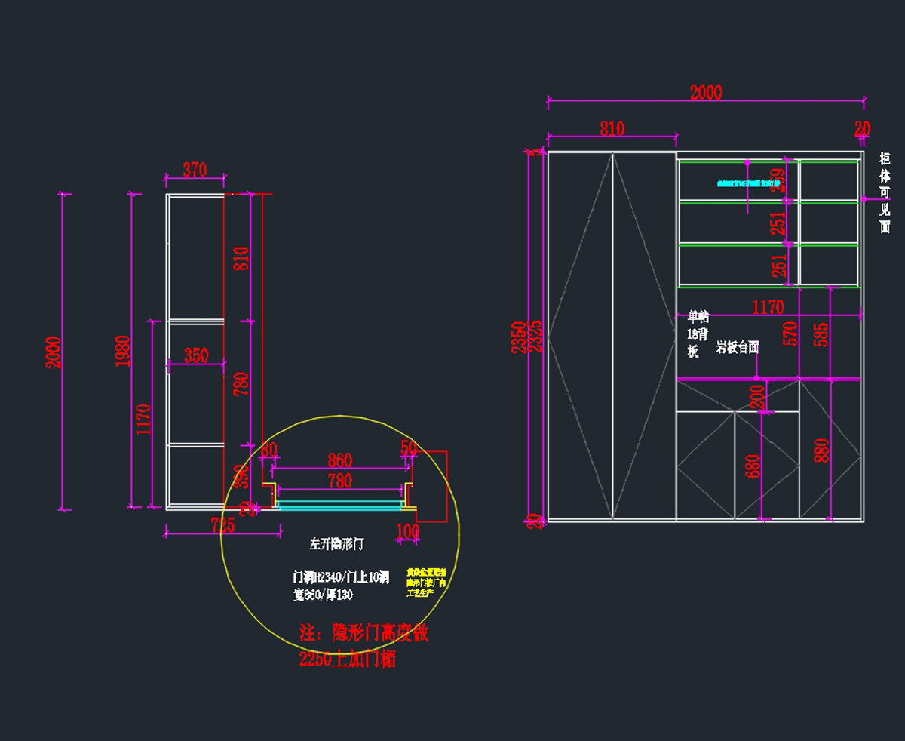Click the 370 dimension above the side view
195,171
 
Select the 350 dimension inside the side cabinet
196,355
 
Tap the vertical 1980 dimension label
124,351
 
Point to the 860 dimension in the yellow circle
340,460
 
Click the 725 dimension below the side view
222,526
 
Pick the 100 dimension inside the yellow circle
407,531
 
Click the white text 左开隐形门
337,543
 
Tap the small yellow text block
427,583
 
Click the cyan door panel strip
339,503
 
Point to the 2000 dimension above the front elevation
706,92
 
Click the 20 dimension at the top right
862,129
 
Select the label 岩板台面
738,347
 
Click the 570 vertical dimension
790,333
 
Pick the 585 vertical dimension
821,333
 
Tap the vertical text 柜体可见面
885,192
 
